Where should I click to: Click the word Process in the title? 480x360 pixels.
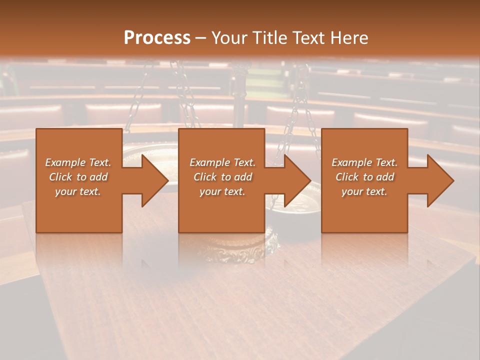(x=157, y=38)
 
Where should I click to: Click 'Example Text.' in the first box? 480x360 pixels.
(x=78, y=162)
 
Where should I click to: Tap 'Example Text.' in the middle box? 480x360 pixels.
(x=222, y=162)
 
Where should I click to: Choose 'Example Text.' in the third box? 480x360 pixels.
(x=364, y=162)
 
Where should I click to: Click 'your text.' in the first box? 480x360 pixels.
(x=78, y=191)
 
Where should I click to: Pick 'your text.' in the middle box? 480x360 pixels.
(x=222, y=191)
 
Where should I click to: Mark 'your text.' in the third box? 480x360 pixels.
(x=364, y=191)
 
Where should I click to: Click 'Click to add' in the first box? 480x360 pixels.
(x=78, y=177)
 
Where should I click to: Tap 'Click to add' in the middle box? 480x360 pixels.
(x=222, y=177)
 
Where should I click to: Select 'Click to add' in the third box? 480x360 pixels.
(x=364, y=177)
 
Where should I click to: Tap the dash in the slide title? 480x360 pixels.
(x=201, y=38)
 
